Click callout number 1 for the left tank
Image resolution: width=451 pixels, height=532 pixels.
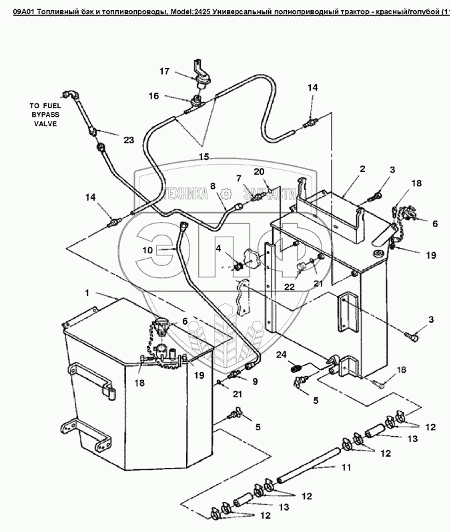coord(87,292)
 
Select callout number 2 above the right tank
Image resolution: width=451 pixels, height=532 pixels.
coord(362,169)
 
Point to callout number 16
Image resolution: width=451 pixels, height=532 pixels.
coord(153,96)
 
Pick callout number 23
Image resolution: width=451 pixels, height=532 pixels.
coord(129,139)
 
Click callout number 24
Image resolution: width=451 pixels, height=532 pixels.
coord(281,353)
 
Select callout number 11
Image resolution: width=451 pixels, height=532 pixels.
coord(346,467)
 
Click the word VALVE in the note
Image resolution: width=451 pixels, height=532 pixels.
coord(44,124)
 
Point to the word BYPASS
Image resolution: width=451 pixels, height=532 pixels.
coord(44,115)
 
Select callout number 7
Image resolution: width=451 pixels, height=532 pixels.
coord(238,177)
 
